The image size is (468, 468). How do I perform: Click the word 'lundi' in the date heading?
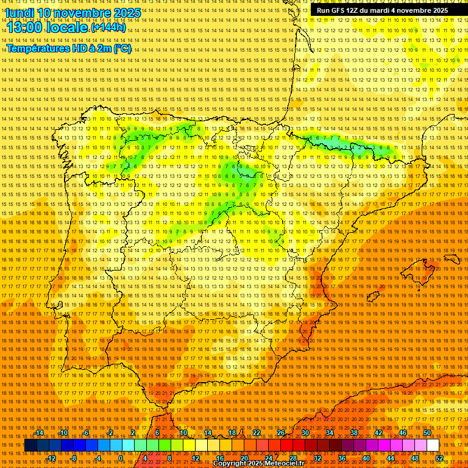tap(19, 13)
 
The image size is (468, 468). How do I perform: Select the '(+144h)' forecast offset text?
tap(108, 27)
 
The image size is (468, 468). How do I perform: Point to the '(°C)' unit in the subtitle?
tap(122, 48)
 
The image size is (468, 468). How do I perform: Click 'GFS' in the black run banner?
tap(341, 10)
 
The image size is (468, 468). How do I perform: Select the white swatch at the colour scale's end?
tap(433, 445)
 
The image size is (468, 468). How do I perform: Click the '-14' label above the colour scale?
tap(39, 433)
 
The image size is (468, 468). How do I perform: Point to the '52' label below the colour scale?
tap(439, 458)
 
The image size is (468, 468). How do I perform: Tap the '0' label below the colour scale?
tap(121, 458)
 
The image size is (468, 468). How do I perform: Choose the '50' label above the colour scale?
tap(427, 433)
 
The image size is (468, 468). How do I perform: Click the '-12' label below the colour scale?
tap(51, 458)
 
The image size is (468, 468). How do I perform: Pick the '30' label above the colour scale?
tap(305, 433)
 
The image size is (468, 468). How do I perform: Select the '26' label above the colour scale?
tap(280, 433)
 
